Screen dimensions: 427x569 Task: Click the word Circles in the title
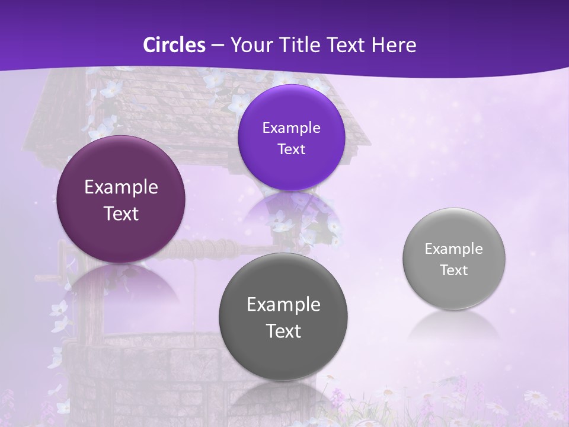(174, 45)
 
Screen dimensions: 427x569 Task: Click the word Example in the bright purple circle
(291, 128)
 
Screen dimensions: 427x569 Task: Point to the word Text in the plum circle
(121, 214)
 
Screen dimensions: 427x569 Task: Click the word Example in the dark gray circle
(283, 305)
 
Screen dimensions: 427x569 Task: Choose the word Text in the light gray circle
(453, 270)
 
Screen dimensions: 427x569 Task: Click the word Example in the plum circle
(121, 187)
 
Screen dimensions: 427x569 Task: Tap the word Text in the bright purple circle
(291, 149)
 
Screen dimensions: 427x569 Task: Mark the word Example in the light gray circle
(453, 249)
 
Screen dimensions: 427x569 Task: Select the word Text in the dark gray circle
(283, 331)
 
